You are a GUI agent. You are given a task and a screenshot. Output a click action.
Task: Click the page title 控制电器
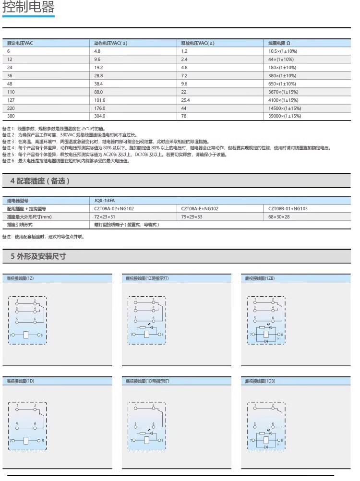tap(29, 8)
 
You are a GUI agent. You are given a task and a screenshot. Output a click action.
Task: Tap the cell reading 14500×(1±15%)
tap(285, 108)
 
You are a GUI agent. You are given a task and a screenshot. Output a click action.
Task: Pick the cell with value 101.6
tap(100, 100)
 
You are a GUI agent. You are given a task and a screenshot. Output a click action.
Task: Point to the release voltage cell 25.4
tap(186, 100)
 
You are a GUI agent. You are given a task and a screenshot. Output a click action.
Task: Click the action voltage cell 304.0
tap(100, 117)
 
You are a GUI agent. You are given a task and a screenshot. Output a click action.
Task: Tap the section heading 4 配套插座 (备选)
tap(40, 181)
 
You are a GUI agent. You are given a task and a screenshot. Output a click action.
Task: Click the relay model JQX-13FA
tap(105, 201)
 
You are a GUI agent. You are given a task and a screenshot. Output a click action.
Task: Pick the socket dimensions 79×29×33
tap(192, 217)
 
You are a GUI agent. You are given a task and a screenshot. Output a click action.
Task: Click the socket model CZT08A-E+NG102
tap(200, 209)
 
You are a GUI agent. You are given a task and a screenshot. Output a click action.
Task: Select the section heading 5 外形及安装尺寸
tap(38, 256)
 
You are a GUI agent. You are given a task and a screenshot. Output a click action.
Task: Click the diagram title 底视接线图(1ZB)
tap(260, 278)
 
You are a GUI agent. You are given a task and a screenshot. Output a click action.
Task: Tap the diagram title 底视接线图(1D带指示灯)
tap(147, 381)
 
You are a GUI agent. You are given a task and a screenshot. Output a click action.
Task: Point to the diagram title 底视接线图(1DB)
tap(260, 381)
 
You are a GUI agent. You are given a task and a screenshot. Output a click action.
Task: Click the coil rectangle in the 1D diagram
tap(27, 440)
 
